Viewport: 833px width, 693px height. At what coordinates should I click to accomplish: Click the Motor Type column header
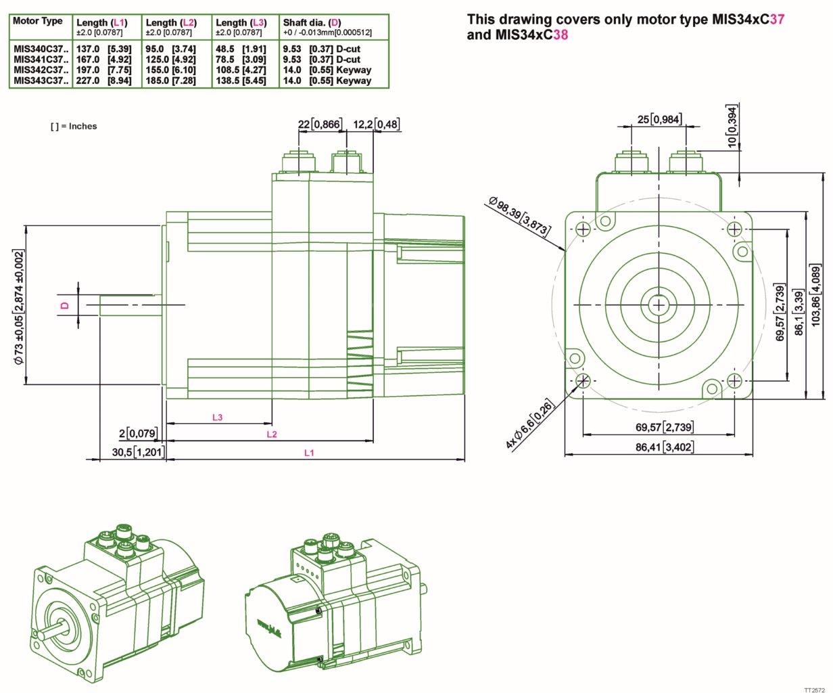pos(37,21)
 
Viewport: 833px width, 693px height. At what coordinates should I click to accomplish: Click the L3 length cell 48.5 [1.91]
pos(241,49)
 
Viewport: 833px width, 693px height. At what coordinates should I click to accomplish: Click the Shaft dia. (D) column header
pos(312,22)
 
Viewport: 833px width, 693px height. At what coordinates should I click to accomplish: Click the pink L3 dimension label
pos(217,418)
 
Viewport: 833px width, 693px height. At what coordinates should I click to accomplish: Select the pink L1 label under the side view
pos(309,453)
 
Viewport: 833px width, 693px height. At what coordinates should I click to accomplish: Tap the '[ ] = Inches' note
pos(74,126)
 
